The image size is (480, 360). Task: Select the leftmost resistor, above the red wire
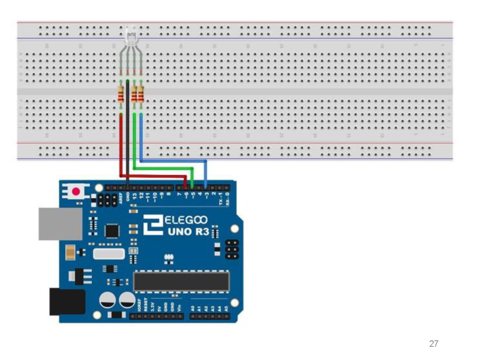click(x=121, y=95)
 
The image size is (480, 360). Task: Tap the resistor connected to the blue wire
click(x=141, y=95)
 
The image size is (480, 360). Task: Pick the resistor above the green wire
click(x=134, y=95)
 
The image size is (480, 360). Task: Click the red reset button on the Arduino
click(x=76, y=192)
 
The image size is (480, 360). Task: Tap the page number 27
click(x=434, y=344)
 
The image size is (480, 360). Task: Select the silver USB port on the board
click(x=60, y=224)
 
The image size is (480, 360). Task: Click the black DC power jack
click(x=67, y=302)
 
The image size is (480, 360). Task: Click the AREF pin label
click(x=121, y=199)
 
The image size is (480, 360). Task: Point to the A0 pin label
click(x=193, y=308)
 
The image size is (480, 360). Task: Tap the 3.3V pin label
click(x=152, y=307)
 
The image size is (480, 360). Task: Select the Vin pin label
click(x=179, y=308)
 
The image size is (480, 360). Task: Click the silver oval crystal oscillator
click(x=109, y=254)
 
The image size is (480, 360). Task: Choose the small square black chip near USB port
click(x=112, y=231)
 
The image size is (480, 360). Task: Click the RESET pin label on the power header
click(x=146, y=305)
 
